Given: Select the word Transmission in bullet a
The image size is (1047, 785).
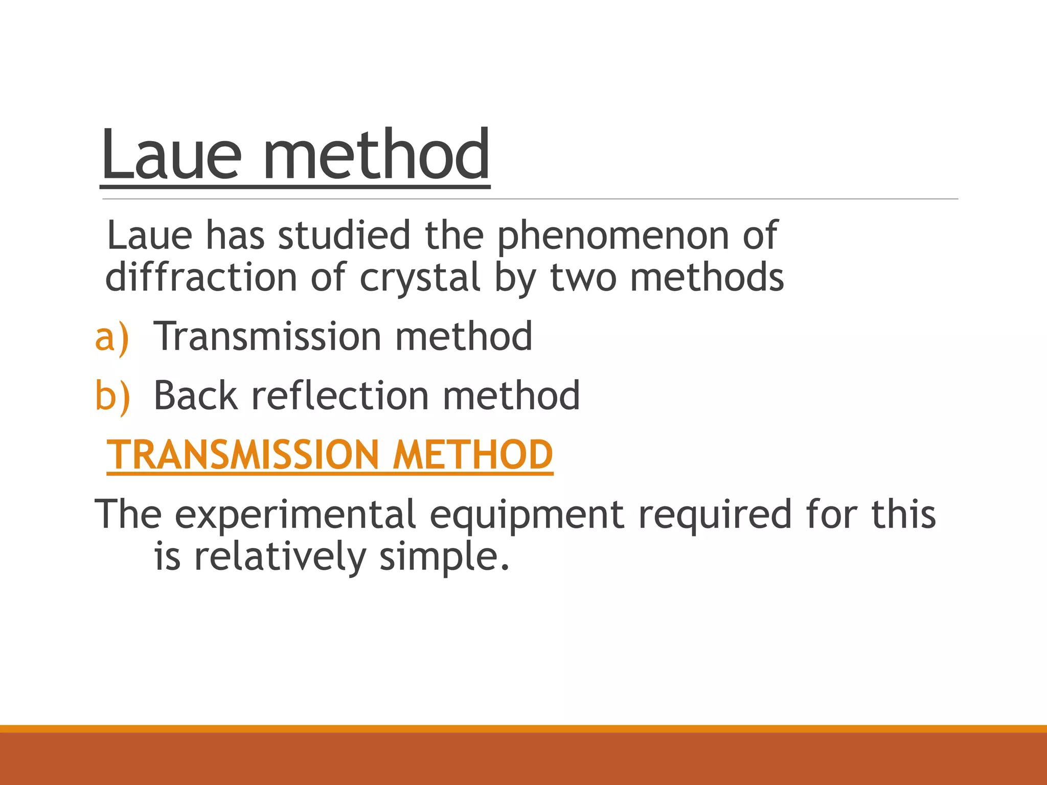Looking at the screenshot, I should pos(267,336).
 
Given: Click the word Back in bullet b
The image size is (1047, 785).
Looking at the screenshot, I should pos(196,396).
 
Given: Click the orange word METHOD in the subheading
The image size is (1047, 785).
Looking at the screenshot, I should pos(472,455).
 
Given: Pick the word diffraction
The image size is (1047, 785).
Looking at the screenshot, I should pos(201,278).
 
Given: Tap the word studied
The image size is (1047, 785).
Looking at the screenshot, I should pos(344,236).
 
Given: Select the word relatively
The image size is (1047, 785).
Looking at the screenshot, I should pos(280,557).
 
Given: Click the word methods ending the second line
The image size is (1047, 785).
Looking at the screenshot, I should pos(707,278).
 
